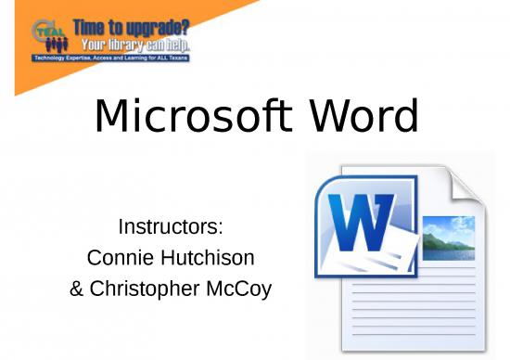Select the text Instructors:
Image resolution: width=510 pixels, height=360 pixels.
tap(171, 226)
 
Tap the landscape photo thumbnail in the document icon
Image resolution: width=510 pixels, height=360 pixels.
tap(448, 238)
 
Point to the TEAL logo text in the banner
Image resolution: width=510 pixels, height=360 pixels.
tap(45, 30)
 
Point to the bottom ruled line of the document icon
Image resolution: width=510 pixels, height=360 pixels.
tap(417, 335)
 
